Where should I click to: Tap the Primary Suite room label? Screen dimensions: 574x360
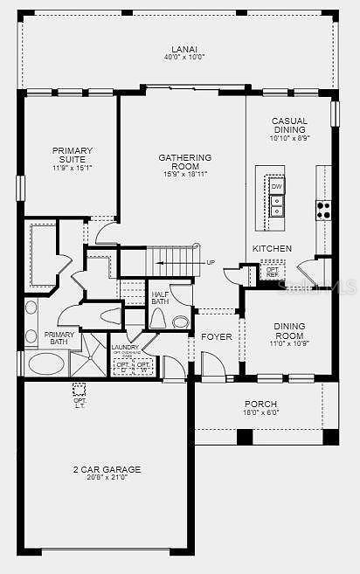click(x=72, y=155)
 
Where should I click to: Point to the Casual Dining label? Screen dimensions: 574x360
click(x=289, y=126)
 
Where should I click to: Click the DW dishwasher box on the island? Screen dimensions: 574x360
click(x=276, y=187)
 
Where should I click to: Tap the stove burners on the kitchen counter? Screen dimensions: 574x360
click(x=323, y=210)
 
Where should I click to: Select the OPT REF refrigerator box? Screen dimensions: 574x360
click(x=273, y=271)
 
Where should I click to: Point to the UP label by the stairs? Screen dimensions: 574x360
click(x=211, y=262)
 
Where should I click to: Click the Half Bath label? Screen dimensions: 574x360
click(x=160, y=298)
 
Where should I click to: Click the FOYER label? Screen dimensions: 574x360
click(x=216, y=336)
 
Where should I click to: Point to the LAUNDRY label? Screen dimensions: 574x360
click(x=125, y=347)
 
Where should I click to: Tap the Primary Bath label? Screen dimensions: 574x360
click(x=59, y=337)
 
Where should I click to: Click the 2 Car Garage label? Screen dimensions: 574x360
click(x=107, y=469)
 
